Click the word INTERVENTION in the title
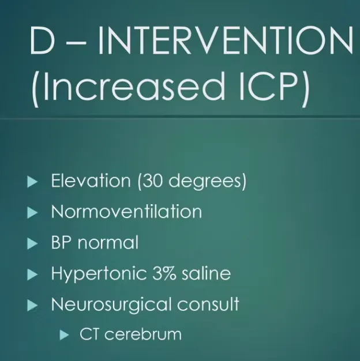pyautogui.click(x=225, y=40)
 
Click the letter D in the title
pyautogui.click(x=42, y=40)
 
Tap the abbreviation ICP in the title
pyautogui.click(x=269, y=87)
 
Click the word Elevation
pyautogui.click(x=91, y=180)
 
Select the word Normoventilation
pyautogui.click(x=126, y=211)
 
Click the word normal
pyautogui.click(x=108, y=242)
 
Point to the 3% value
pyautogui.click(x=164, y=273)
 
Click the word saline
pyautogui.click(x=207, y=273)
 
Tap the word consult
pyautogui.click(x=208, y=304)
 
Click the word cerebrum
pyautogui.click(x=143, y=334)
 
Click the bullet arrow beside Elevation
pyautogui.click(x=32, y=182)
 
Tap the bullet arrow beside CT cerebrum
pyautogui.click(x=64, y=335)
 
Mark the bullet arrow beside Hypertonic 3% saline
pyautogui.click(x=32, y=274)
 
